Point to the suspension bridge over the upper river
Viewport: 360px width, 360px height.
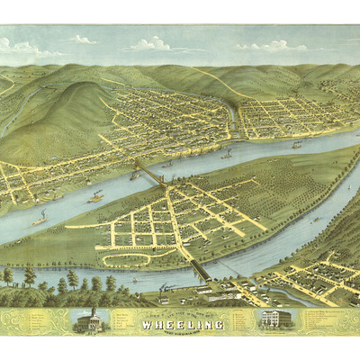[x=148, y=173]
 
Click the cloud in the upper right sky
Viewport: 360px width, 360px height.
[x=270, y=46]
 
